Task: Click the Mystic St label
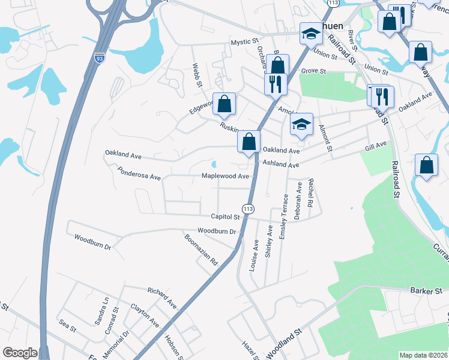click(x=244, y=43)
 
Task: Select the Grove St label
click(x=313, y=71)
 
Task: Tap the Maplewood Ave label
click(x=225, y=176)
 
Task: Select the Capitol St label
click(x=225, y=217)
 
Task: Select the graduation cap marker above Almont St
click(x=301, y=124)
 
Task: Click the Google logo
click(x=20, y=353)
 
